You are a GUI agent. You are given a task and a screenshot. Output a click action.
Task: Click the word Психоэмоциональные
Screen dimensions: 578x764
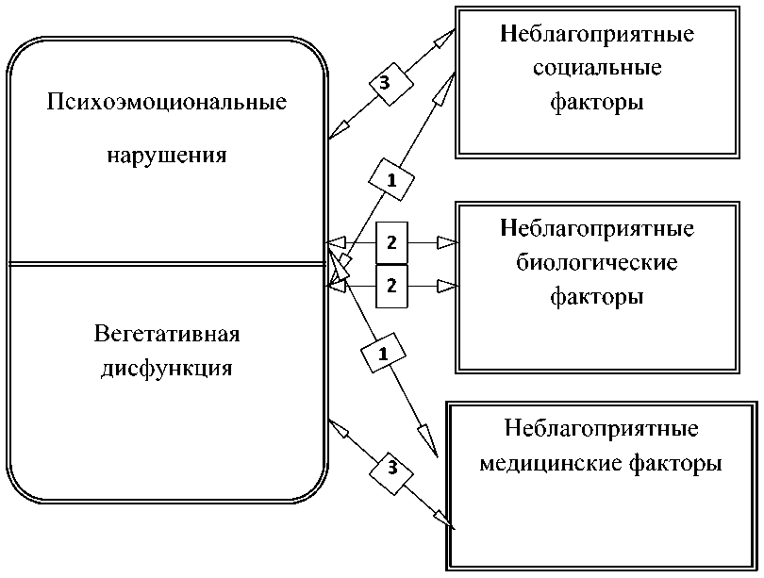point(167,102)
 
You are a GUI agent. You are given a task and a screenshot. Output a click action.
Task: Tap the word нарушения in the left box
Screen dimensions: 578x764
point(166,154)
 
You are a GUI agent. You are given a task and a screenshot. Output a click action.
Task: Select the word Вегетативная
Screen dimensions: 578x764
point(167,334)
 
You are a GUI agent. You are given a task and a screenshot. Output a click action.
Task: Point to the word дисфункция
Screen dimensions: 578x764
point(167,369)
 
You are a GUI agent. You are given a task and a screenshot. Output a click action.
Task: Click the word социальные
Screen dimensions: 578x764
point(597,69)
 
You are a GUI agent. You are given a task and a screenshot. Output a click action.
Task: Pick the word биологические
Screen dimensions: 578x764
point(597,262)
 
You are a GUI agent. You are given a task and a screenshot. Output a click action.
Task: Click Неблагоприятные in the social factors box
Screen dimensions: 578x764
point(597,35)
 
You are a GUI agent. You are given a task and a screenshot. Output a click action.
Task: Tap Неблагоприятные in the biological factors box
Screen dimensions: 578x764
point(597,229)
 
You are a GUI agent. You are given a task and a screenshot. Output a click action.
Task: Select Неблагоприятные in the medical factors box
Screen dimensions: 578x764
point(602,430)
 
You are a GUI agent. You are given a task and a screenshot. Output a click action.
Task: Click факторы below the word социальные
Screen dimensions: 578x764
point(597,103)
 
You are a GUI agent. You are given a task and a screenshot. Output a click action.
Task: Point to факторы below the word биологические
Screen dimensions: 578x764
point(597,296)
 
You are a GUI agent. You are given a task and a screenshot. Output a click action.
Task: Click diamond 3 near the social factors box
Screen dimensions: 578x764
point(384,83)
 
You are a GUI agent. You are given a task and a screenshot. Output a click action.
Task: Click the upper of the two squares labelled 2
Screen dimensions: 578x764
point(392,243)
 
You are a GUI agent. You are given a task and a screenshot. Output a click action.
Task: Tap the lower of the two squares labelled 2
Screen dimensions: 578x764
point(392,284)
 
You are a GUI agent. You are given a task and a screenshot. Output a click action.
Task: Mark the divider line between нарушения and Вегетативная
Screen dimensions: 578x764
point(167,264)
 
